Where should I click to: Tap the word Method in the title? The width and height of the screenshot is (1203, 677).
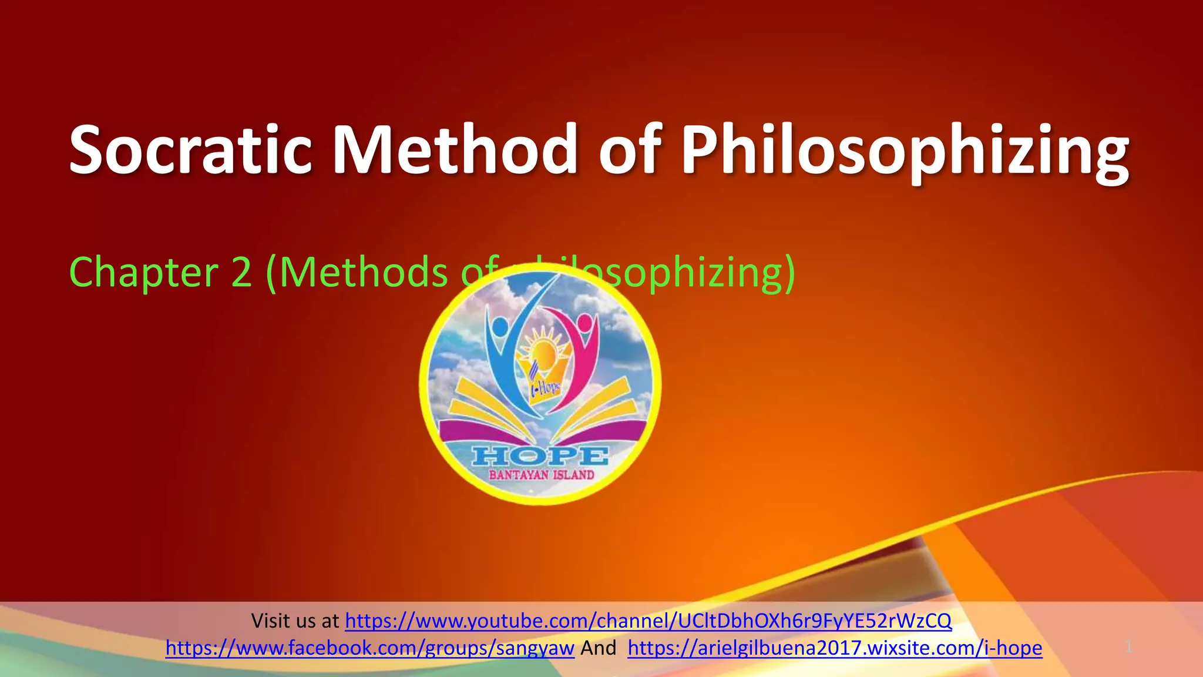455,150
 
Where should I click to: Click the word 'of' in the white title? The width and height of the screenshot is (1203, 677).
630,150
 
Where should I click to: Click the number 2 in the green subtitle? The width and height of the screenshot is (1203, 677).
241,273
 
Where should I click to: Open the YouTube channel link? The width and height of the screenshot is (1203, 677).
648,621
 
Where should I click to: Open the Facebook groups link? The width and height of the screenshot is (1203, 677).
369,648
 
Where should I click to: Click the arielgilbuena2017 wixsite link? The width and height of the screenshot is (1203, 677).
834,648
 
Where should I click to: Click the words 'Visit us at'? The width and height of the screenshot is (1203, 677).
295,621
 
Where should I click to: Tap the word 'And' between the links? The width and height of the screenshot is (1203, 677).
598,648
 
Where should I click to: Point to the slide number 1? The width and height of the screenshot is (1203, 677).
1128,647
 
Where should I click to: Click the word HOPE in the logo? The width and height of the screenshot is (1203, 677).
540,455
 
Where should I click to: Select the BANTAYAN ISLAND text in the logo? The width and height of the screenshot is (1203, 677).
541,475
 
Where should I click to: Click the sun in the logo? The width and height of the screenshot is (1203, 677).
545,353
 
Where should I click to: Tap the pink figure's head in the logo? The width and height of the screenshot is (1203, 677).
584,323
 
